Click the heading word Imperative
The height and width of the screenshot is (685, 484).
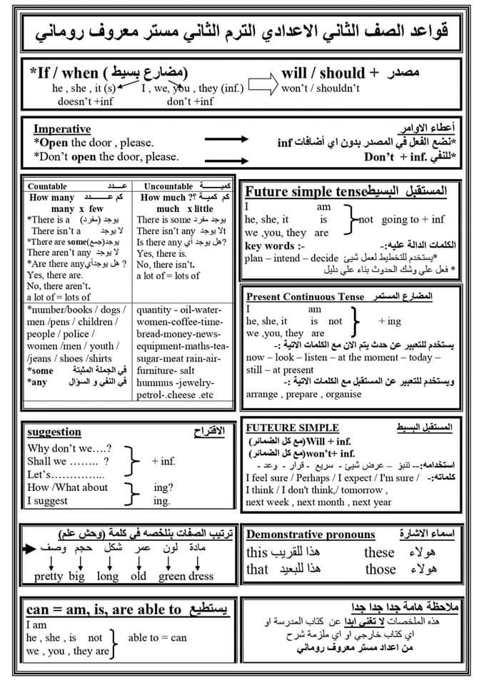62,129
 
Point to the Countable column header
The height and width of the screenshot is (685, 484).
48,186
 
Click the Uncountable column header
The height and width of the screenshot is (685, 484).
166,186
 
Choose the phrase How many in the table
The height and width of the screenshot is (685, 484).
53,198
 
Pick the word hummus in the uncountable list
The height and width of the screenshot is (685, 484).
156,382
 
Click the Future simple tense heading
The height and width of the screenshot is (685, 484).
306,191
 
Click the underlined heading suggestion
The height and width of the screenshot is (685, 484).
54,432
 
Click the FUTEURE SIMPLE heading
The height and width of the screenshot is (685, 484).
282,427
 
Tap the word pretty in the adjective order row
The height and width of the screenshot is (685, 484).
48,577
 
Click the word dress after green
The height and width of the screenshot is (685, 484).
201,577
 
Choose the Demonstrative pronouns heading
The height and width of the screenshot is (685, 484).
311,534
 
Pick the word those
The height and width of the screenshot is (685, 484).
380,569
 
